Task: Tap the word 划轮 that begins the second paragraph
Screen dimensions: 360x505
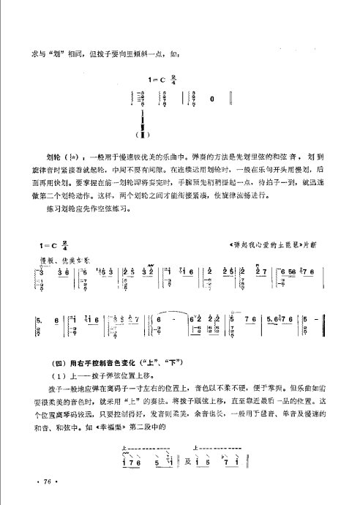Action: [x=53, y=157]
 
